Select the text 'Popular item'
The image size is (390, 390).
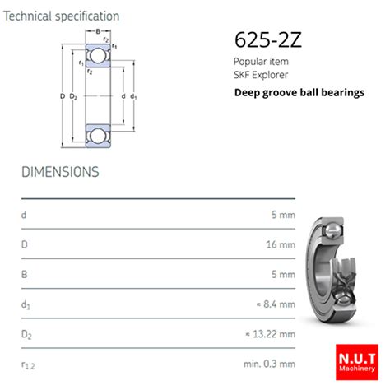260,62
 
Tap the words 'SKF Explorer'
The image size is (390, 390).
261,74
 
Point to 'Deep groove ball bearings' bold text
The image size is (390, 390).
299,92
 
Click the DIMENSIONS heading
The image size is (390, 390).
60,172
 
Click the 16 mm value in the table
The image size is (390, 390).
280,244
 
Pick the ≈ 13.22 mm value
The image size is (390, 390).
270,333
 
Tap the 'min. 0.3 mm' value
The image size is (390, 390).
268,363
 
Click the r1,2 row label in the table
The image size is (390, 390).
28,363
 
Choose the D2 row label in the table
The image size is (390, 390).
26,333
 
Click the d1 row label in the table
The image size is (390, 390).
26,304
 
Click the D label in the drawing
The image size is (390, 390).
63,96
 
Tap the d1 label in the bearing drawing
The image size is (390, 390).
133,96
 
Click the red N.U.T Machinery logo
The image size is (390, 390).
355,360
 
